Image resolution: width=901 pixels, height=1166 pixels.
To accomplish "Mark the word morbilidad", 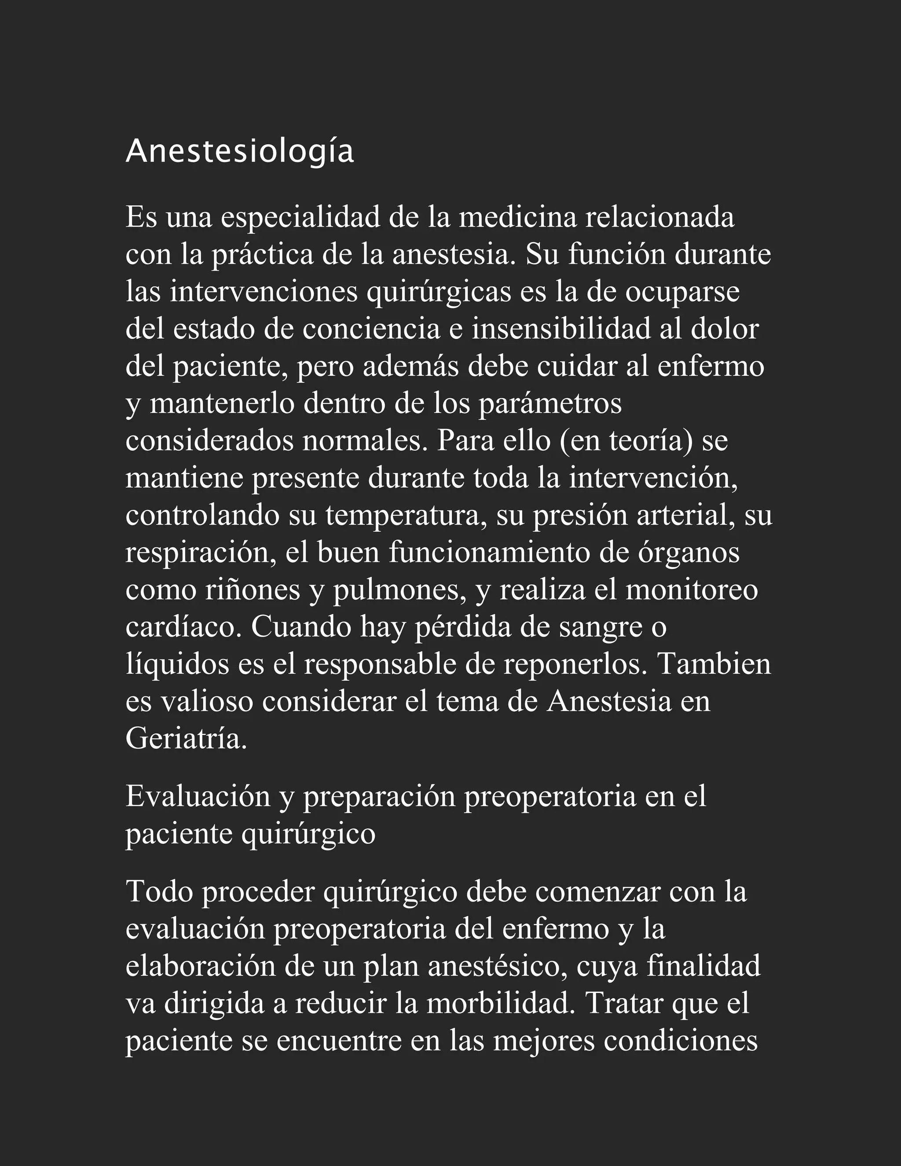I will [502, 1003].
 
